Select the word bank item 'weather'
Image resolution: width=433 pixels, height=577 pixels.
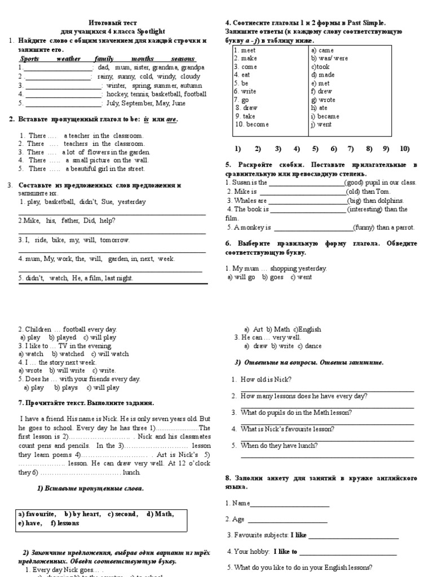[68, 59]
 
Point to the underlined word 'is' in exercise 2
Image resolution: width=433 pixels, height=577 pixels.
[146, 119]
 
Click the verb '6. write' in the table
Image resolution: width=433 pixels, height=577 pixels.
[245, 91]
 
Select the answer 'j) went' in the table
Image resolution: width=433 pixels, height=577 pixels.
[321, 125]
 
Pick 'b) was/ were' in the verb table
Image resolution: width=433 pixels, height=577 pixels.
[329, 58]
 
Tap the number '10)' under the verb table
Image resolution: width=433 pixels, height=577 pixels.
[404, 149]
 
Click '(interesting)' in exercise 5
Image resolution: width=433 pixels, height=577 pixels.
[365, 209]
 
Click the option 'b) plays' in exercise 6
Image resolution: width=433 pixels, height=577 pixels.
[66, 388]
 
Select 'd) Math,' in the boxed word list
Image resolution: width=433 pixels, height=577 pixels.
[160, 514]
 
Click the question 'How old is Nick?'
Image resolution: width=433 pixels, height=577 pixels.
[263, 380]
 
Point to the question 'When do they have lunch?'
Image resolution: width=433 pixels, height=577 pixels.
[279, 445]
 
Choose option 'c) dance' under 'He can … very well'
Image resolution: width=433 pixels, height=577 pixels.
[310, 346]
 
